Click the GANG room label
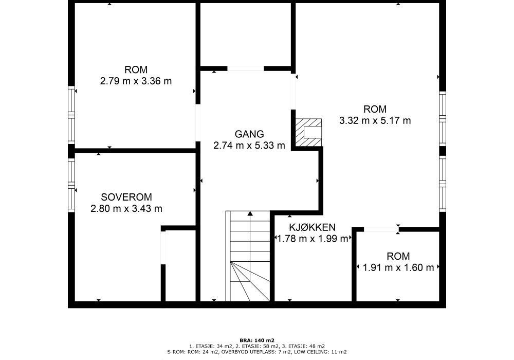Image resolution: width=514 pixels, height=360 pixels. click(x=249, y=134)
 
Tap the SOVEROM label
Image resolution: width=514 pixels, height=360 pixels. click(x=126, y=197)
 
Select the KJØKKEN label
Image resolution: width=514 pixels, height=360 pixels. click(x=312, y=227)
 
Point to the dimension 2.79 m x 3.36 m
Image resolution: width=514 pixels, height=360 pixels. click(x=136, y=81)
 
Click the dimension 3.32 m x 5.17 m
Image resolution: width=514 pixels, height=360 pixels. click(x=375, y=120)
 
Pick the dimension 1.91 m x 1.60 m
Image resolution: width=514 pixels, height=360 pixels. click(x=398, y=267)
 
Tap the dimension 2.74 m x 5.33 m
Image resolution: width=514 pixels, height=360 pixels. click(x=249, y=145)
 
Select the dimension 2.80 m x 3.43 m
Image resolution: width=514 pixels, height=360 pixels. click(x=126, y=208)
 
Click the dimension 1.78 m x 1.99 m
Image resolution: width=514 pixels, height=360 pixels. click(x=313, y=239)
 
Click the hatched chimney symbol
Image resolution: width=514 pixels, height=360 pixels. click(x=308, y=133)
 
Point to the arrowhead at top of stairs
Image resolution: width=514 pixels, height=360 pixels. click(x=250, y=213)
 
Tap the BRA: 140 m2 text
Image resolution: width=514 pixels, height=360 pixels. click(x=257, y=340)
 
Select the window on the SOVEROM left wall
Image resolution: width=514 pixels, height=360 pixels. click(x=71, y=185)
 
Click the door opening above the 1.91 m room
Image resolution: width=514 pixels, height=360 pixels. click(x=381, y=229)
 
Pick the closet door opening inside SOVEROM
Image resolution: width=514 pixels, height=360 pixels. click(x=163, y=247)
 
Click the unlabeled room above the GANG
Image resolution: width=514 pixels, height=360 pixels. click(x=245, y=34)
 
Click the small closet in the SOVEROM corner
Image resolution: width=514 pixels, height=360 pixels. click(x=180, y=265)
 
